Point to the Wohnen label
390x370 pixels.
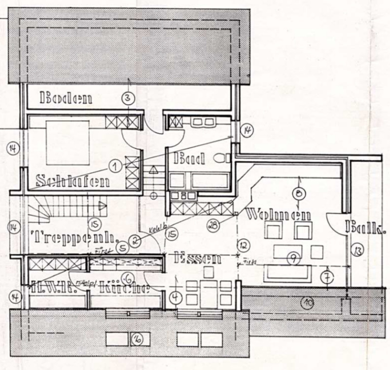[278, 215]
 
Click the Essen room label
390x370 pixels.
[197, 257]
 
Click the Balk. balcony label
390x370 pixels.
[365, 228]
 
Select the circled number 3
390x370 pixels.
[128, 98]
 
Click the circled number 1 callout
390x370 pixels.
[115, 166]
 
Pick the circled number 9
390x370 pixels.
[292, 257]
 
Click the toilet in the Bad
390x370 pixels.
[224, 157]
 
